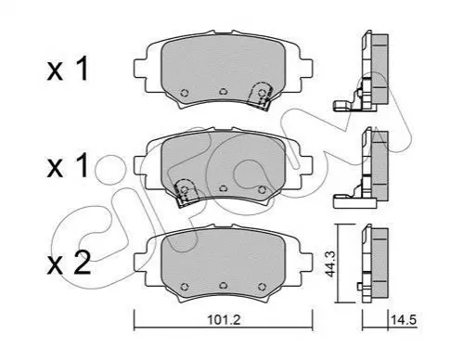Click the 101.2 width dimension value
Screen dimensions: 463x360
[x=224, y=320]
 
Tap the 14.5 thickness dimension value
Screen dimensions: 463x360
[x=404, y=320]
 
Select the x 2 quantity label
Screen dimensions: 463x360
[x=69, y=264]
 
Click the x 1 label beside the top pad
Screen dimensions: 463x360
[x=68, y=71]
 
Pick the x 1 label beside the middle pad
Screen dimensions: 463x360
[x=68, y=166]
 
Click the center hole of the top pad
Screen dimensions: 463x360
[x=223, y=92]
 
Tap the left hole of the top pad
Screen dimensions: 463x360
[x=185, y=93]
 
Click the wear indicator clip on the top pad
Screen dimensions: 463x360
[x=261, y=95]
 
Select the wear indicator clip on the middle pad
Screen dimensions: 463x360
[x=185, y=191]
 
